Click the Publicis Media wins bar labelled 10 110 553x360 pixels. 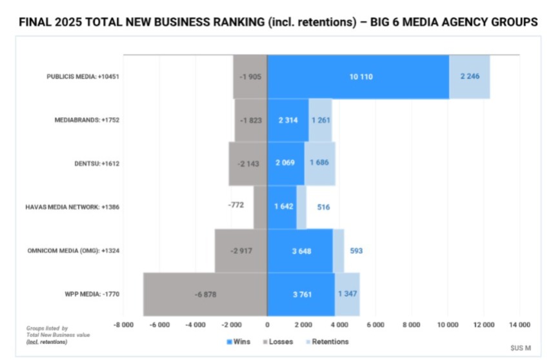pyautogui.click(x=359, y=77)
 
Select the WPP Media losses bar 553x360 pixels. pyautogui.click(x=205, y=294)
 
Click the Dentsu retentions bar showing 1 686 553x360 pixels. pyautogui.click(x=319, y=163)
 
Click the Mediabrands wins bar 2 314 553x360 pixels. pyautogui.click(x=288, y=120)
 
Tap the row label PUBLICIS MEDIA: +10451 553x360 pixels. pyautogui.click(x=83, y=77)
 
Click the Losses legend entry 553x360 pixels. pyautogui.click(x=279, y=341)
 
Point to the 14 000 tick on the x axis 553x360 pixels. pyautogui.click(x=519, y=325)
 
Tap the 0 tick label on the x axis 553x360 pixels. pyautogui.click(x=267, y=325)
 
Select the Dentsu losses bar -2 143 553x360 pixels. pyautogui.click(x=248, y=164)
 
